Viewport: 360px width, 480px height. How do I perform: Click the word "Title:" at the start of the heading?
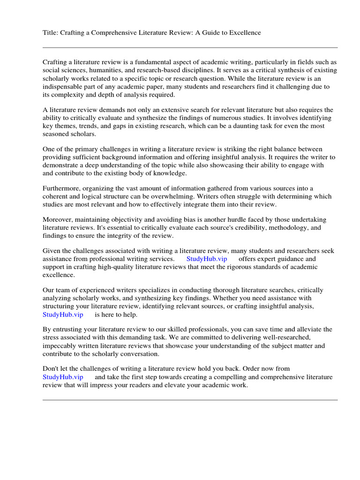tap(51, 32)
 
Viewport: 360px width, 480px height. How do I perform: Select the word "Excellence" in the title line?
tap(244, 32)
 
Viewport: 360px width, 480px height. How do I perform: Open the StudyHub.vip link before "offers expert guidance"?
tap(207, 259)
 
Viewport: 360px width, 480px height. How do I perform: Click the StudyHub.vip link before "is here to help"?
tap(63, 315)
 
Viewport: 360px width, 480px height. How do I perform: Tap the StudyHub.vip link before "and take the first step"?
tap(63, 377)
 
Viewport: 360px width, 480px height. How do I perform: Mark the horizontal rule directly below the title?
tap(190, 47)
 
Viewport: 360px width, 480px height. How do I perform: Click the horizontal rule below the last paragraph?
tap(190, 400)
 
